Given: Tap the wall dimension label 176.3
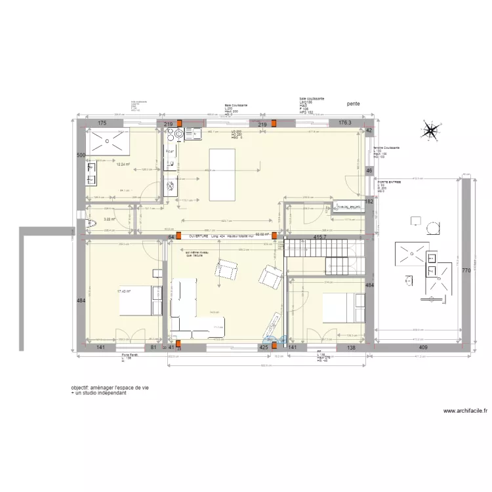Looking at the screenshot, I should (345, 123).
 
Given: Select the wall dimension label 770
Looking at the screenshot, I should (466, 270).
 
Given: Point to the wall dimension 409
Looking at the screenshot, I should (423, 348).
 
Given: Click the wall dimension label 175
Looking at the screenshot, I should (102, 123).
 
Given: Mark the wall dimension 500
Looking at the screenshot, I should (81, 155).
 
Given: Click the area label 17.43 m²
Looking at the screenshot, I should (123, 291).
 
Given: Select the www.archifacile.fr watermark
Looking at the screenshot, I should (465, 411).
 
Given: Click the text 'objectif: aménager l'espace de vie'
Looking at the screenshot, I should (110, 388).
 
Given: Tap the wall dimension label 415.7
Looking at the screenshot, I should (319, 236).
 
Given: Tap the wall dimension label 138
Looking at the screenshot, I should (351, 348).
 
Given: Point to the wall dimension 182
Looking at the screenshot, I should (369, 201).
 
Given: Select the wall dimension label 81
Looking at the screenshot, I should (154, 348).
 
